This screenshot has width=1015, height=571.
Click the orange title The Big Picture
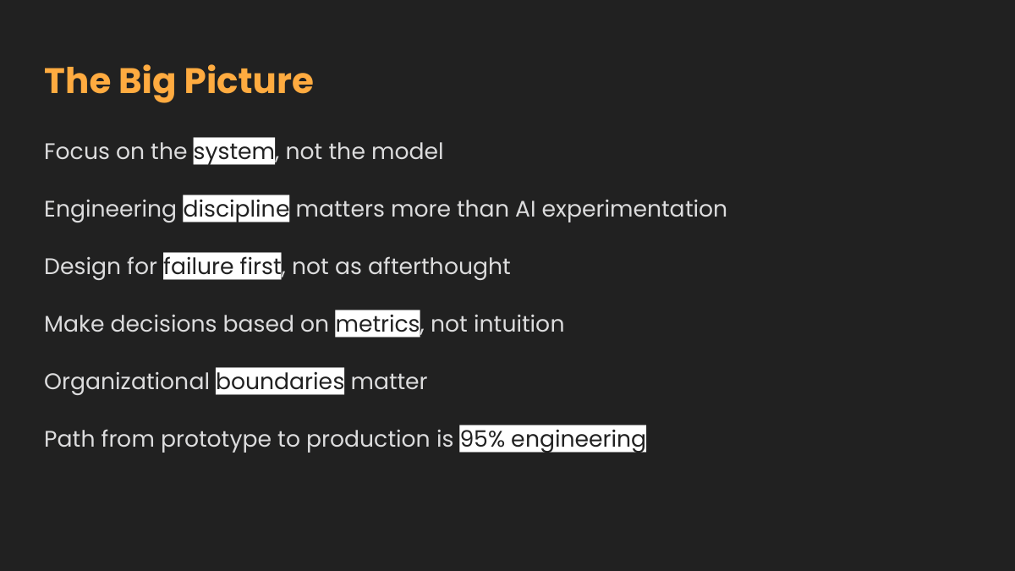pos(178,81)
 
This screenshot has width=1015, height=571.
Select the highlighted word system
pos(233,151)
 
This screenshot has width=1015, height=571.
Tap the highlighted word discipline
pos(236,209)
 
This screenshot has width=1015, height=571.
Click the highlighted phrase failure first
pos(222,266)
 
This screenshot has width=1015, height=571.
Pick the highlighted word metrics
pos(377,323)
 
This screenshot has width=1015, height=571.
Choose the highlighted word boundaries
pos(280,382)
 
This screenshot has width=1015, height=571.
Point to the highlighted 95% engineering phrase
pos(553,439)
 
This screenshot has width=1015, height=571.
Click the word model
pos(407,151)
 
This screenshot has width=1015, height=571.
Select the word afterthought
pos(439,267)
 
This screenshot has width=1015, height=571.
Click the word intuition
pos(518,324)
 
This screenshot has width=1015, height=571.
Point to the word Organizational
pos(126,382)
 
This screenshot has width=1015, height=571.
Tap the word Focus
pos(77,151)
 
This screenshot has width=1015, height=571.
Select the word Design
pos(82,267)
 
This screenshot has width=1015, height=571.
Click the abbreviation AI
pos(525,209)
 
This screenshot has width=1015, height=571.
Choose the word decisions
pos(163,324)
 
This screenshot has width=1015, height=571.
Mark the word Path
pos(69,439)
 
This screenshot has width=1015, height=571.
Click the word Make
pos(74,324)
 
